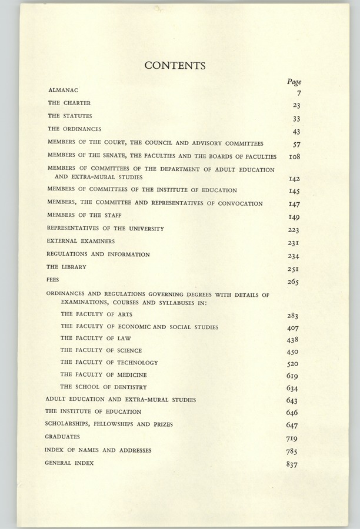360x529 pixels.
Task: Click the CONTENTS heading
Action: pos(175,66)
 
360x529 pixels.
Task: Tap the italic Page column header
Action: pos(294,82)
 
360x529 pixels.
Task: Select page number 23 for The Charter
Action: pos(296,105)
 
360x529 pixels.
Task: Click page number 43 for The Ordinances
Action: pos(296,132)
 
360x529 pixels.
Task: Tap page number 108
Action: pos(295,158)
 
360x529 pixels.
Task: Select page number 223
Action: pos(294,230)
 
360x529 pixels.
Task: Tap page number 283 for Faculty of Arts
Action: pos(293,316)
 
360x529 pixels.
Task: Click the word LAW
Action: pos(124,338)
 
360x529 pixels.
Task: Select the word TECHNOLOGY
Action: pos(138,363)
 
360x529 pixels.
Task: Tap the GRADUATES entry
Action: pos(62,437)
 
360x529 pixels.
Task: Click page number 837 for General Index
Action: pos(292,465)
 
